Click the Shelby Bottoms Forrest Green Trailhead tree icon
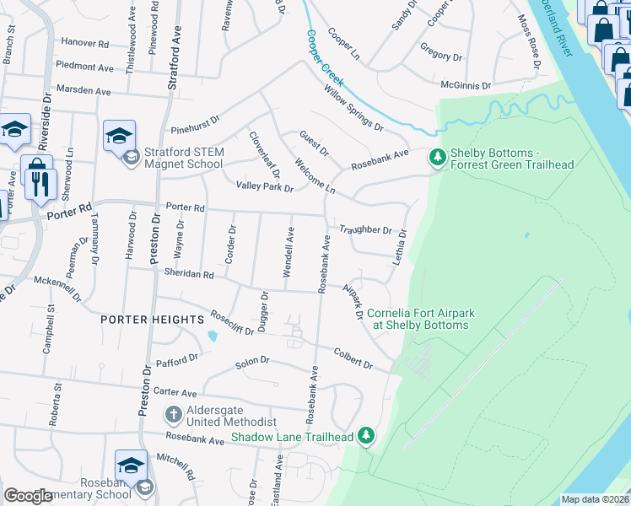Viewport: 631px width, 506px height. coord(437,157)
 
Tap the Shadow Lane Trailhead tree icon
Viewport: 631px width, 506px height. coord(365,436)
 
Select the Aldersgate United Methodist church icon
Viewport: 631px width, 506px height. coord(173,415)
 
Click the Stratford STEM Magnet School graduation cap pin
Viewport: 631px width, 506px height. coord(119,135)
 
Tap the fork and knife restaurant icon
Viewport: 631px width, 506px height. coord(40,183)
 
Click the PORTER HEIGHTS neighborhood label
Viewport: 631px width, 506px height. coord(153,320)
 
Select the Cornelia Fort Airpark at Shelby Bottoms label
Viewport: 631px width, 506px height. coord(421,319)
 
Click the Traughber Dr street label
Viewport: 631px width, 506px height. coord(365,229)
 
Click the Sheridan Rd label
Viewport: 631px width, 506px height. coord(189,273)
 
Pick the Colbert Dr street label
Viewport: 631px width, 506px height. coord(353,358)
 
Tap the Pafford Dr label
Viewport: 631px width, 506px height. coord(176,358)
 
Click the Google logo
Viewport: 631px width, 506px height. coord(29,496)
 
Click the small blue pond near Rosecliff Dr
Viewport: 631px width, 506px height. coord(211,336)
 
